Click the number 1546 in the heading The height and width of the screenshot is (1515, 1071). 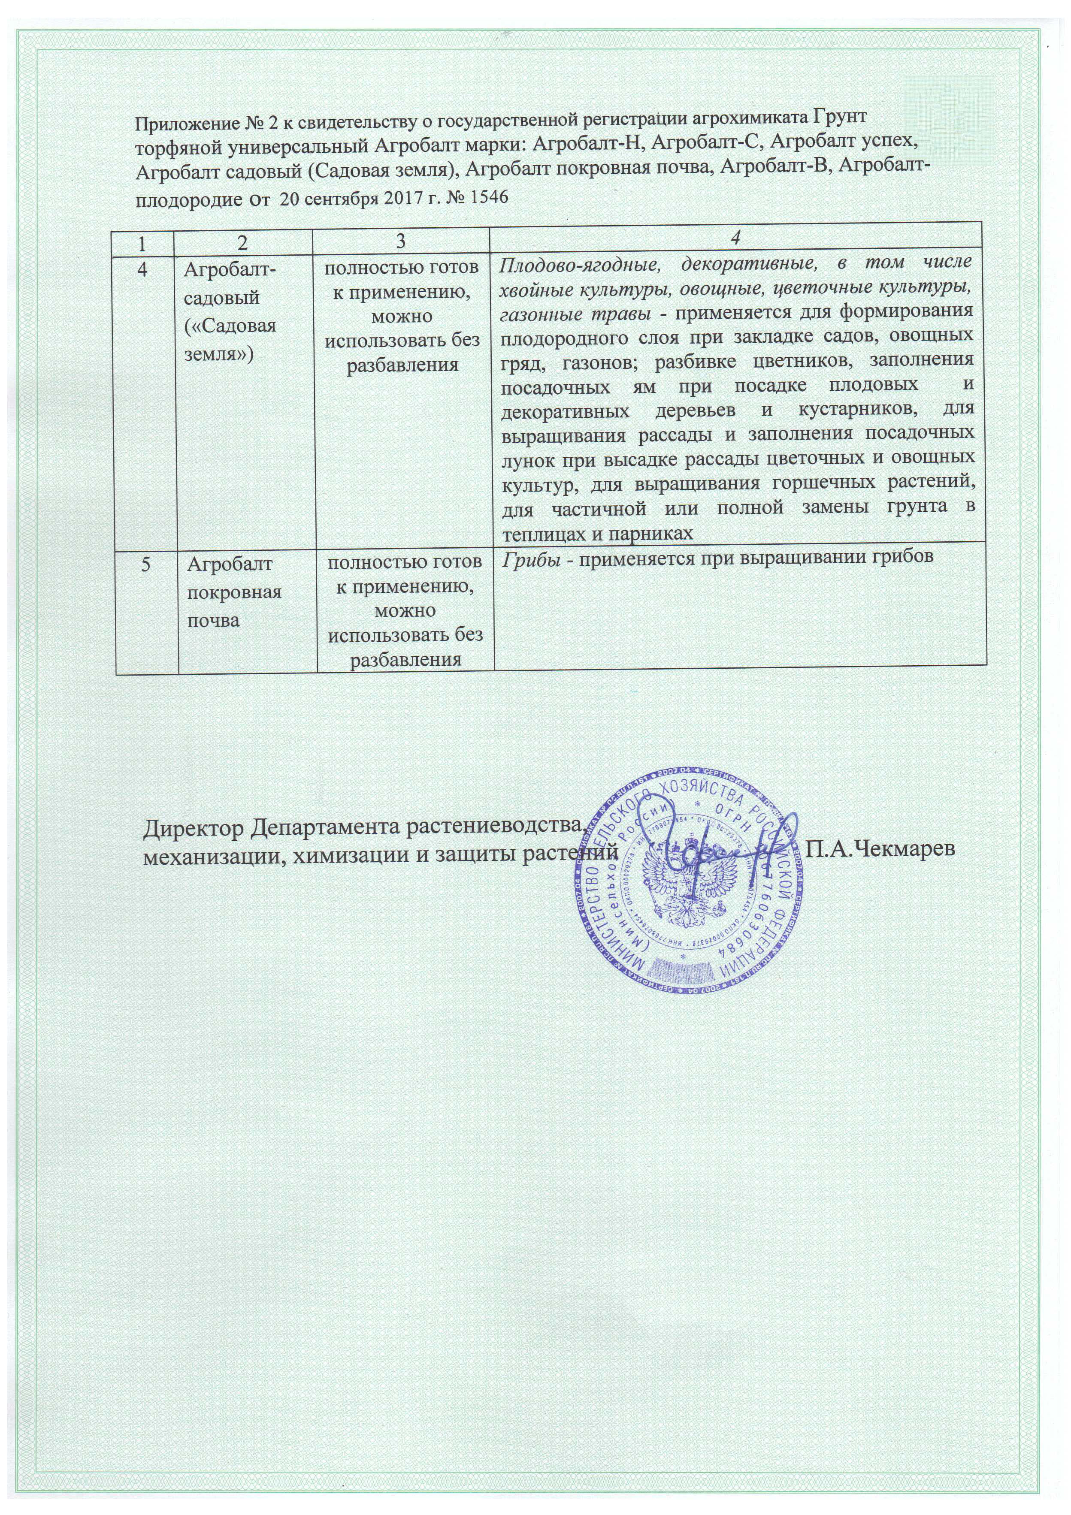tap(487, 197)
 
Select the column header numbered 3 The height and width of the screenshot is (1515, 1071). tap(401, 241)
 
